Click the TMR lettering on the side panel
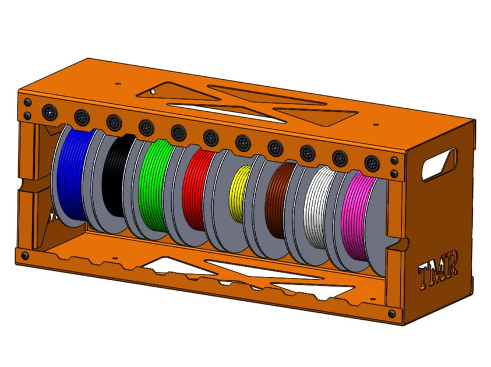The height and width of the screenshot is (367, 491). tap(438, 269)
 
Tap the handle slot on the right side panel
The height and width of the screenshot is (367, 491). tap(439, 164)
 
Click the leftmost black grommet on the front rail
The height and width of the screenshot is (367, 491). tap(50, 111)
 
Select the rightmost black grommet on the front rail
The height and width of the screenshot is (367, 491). tap(371, 162)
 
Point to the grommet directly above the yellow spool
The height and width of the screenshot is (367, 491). tap(243, 142)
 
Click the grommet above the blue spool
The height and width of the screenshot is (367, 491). tap(82, 116)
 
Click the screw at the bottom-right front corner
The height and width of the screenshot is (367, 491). tap(391, 314)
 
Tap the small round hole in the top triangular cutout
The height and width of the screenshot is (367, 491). tap(153, 91)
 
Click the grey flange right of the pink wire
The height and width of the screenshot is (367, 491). tap(379, 227)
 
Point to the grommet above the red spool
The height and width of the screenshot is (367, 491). tap(210, 137)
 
